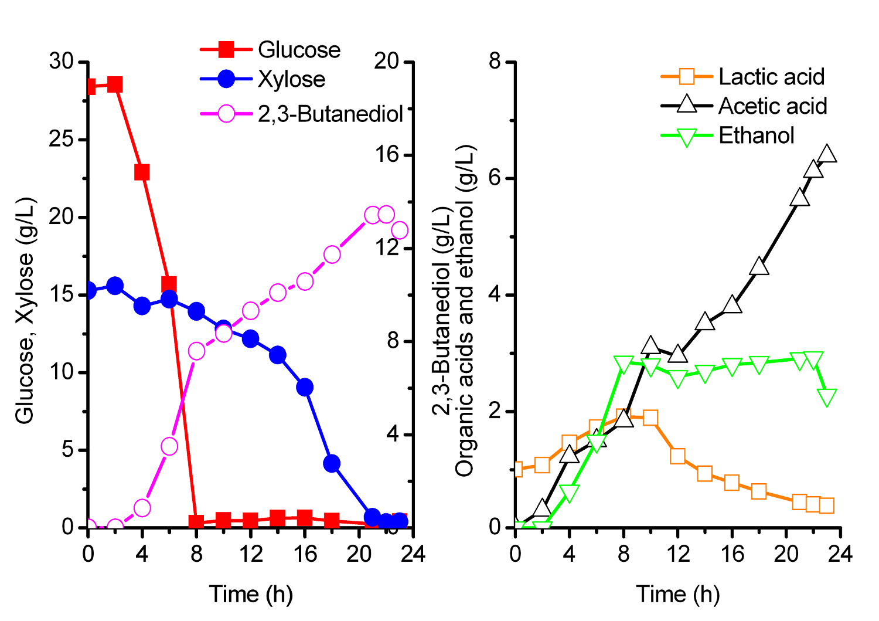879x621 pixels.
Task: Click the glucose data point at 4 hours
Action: point(142,172)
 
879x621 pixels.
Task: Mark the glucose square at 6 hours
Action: point(169,285)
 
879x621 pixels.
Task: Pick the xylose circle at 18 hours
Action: point(332,464)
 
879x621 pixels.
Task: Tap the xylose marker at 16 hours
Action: point(305,387)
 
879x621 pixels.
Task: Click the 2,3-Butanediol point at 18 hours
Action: point(332,254)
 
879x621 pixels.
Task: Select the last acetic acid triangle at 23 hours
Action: point(827,154)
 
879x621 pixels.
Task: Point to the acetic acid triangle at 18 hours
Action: point(759,266)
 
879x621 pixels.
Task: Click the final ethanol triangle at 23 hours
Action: point(827,398)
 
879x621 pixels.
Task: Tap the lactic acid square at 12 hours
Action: point(678,456)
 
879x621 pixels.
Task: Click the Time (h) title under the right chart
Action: point(677,595)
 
